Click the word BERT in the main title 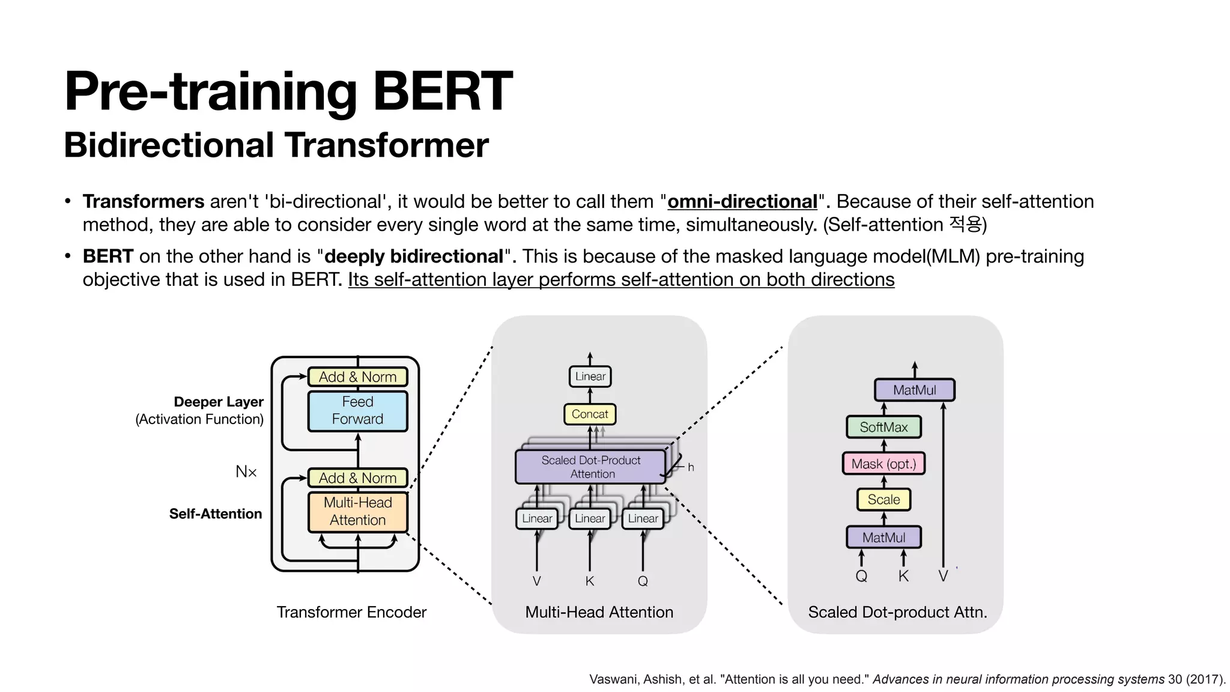tap(443, 91)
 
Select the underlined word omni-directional tap(742, 201)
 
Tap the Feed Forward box tap(357, 410)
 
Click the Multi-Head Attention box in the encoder tap(357, 511)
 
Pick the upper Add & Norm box tap(357, 377)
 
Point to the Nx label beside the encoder tap(246, 472)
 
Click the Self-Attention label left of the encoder tap(216, 514)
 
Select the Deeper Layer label tap(219, 402)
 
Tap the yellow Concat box tap(590, 414)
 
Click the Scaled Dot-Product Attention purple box tap(591, 467)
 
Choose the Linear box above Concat tap(590, 377)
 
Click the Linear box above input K tap(590, 518)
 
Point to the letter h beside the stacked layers tap(691, 467)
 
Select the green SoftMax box tap(883, 427)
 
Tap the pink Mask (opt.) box tap(883, 464)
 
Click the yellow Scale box tap(883, 499)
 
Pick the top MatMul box tap(914, 390)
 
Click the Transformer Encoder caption tap(351, 612)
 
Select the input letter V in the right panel tap(943, 576)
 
